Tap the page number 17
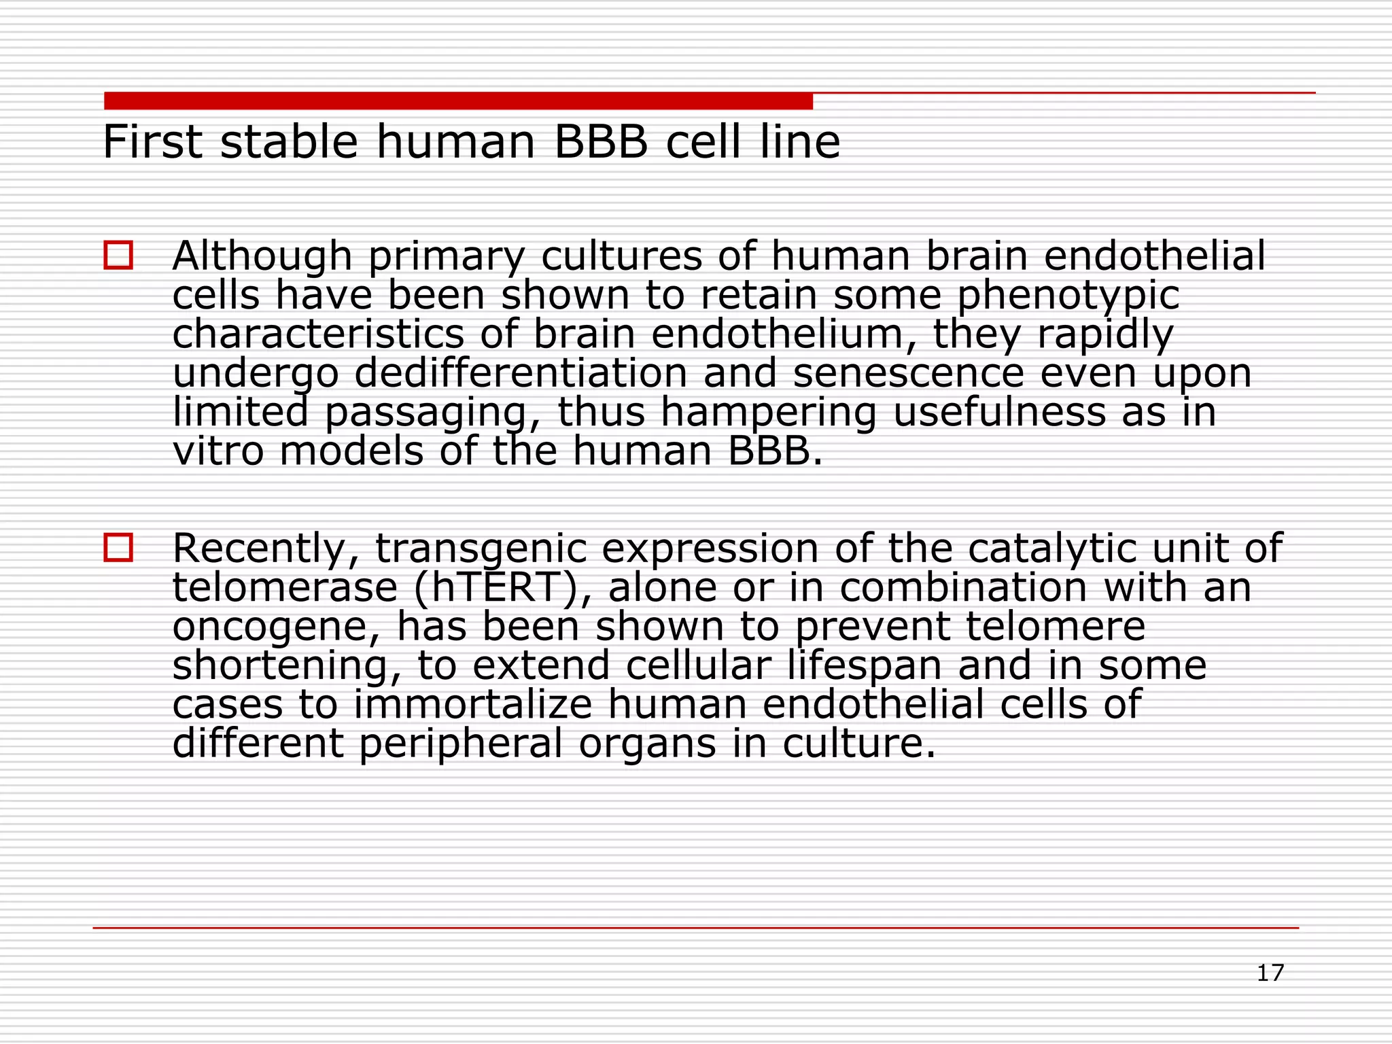1270,973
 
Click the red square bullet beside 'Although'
118,256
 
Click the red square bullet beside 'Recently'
118,548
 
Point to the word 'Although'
262,256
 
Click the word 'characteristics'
318,334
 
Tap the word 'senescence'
908,374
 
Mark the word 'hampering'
768,413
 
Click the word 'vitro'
217,451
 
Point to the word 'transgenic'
481,549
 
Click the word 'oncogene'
275,627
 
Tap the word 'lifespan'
865,666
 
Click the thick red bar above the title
458,101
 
